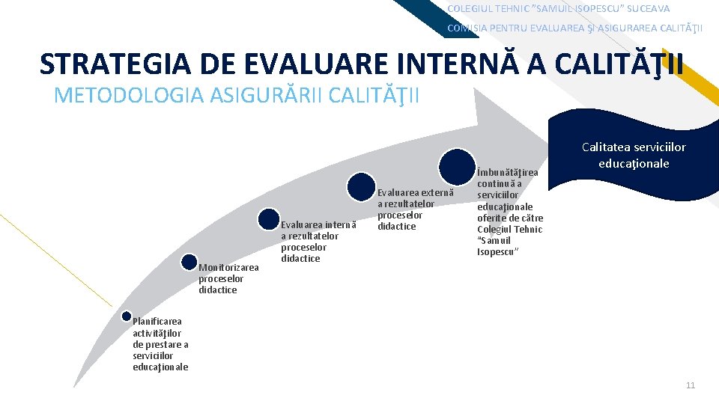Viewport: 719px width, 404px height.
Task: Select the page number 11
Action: point(690,385)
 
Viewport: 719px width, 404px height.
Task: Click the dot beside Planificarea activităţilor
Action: point(126,317)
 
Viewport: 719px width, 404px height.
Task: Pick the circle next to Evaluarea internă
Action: point(268,219)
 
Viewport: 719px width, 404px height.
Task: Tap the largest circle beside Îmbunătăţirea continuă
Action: point(455,167)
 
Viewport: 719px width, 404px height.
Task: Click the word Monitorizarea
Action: point(228,268)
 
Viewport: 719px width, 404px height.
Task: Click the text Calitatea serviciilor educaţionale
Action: point(633,155)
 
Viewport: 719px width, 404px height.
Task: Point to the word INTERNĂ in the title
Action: point(461,64)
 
